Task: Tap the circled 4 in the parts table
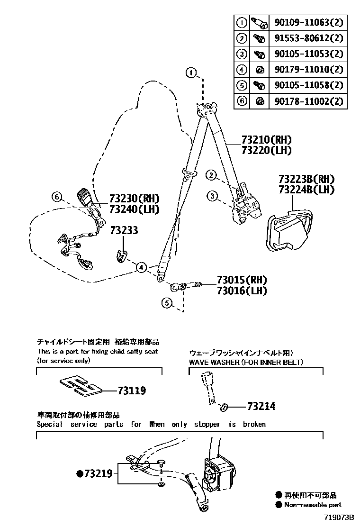tap(242, 70)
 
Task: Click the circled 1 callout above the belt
tap(190, 73)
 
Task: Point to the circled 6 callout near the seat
tap(57, 196)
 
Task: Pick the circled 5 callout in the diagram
tap(166, 302)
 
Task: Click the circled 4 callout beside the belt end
tap(141, 268)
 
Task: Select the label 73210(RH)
tap(266, 140)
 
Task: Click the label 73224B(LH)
tap(306, 190)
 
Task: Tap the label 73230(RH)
tap(134, 198)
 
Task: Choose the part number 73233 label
tap(124, 230)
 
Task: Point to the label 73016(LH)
tap(242, 291)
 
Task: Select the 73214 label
tap(261, 406)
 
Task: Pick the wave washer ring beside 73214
tap(225, 406)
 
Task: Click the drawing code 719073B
tap(339, 518)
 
